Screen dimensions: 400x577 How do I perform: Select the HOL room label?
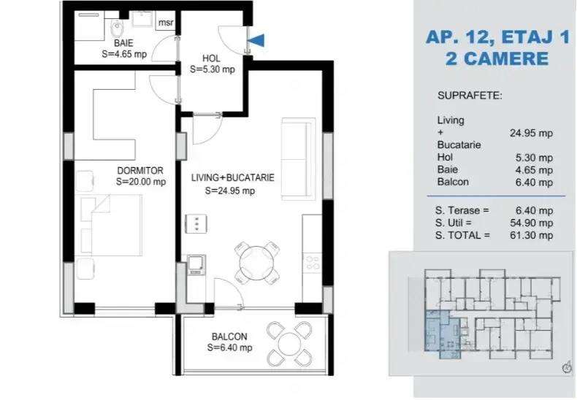[212, 59]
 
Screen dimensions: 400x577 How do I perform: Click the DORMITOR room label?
[139, 171]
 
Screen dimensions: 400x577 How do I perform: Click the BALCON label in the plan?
[229, 336]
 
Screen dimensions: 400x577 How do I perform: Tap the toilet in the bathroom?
[117, 27]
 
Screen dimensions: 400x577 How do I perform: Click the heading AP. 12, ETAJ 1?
[496, 37]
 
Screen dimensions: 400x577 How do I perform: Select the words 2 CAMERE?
[496, 58]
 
